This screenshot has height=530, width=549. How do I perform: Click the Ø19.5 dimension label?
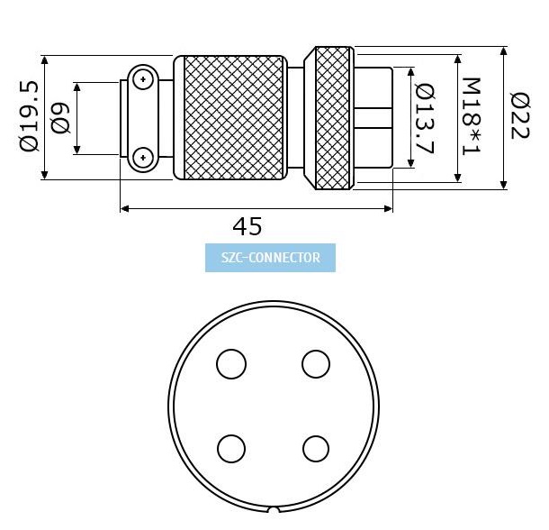(29, 116)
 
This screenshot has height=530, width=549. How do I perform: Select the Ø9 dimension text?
(60, 118)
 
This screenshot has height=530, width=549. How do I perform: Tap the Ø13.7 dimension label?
(425, 119)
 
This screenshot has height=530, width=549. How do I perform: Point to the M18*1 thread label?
(471, 116)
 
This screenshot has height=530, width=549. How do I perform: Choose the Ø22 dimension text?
(520, 115)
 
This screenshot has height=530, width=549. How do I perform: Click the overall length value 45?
(247, 226)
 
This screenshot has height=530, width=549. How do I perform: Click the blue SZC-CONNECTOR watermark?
(270, 258)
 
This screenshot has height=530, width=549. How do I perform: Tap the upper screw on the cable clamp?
(143, 79)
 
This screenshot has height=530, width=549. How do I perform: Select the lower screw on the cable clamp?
(143, 158)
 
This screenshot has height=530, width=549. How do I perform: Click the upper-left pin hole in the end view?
(231, 364)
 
